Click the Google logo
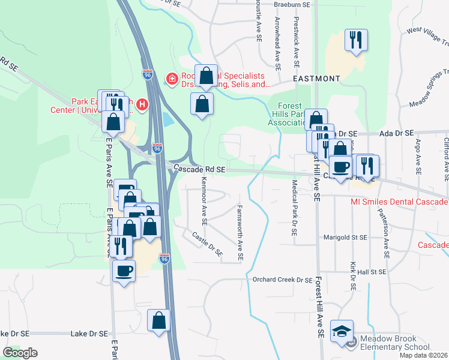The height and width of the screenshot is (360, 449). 20,353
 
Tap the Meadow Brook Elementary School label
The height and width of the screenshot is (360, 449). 394,342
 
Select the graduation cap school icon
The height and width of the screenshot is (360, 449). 342,332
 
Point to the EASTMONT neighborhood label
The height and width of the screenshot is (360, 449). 316,79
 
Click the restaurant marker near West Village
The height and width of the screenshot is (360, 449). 356,41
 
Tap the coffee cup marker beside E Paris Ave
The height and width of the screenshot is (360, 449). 124,271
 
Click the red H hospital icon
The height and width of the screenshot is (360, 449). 142,104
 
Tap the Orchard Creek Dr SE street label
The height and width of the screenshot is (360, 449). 282,280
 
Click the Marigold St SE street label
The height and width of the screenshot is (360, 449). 345,238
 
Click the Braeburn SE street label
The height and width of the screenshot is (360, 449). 291,4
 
